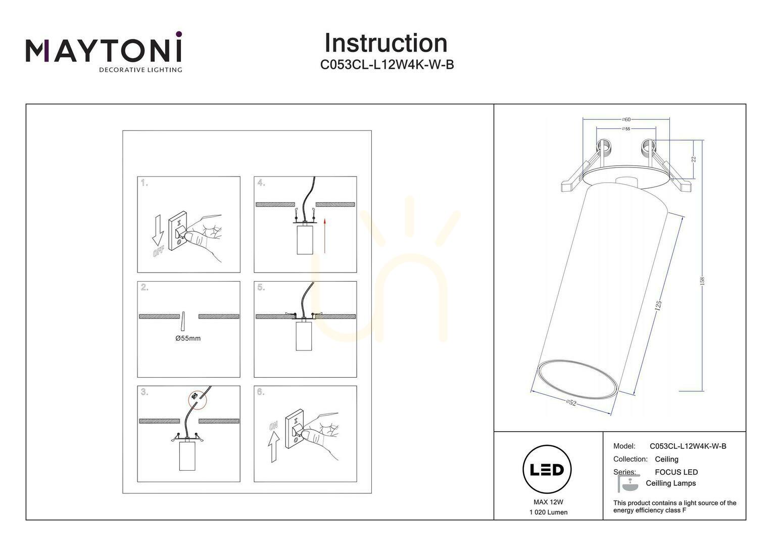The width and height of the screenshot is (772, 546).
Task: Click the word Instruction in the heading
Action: [x=386, y=43]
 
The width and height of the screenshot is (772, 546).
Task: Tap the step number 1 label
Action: [x=144, y=183]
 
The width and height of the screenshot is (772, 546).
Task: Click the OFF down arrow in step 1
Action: [x=158, y=230]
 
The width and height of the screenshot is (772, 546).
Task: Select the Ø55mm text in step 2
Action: [x=188, y=338]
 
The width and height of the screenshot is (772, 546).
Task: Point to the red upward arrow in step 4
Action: [x=325, y=236]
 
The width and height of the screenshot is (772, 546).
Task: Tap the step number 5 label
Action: [x=261, y=287]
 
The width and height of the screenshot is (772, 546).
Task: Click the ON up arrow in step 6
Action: [x=274, y=447]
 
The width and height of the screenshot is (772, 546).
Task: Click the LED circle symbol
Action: [x=547, y=470]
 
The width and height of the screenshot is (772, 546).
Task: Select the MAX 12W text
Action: [x=548, y=502]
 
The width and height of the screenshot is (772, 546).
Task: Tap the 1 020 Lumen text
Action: [x=548, y=513]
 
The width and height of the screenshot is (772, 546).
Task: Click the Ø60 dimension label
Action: [x=626, y=119]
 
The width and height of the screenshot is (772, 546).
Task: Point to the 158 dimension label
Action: [x=702, y=281]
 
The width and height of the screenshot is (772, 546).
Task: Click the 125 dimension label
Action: [x=658, y=306]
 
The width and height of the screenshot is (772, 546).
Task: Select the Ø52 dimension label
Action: [x=571, y=402]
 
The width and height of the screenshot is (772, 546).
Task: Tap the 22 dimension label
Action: [x=694, y=159]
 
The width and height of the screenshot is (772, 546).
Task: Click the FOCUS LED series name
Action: [x=676, y=472]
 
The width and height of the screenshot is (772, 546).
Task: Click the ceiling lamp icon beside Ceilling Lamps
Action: [x=628, y=483]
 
